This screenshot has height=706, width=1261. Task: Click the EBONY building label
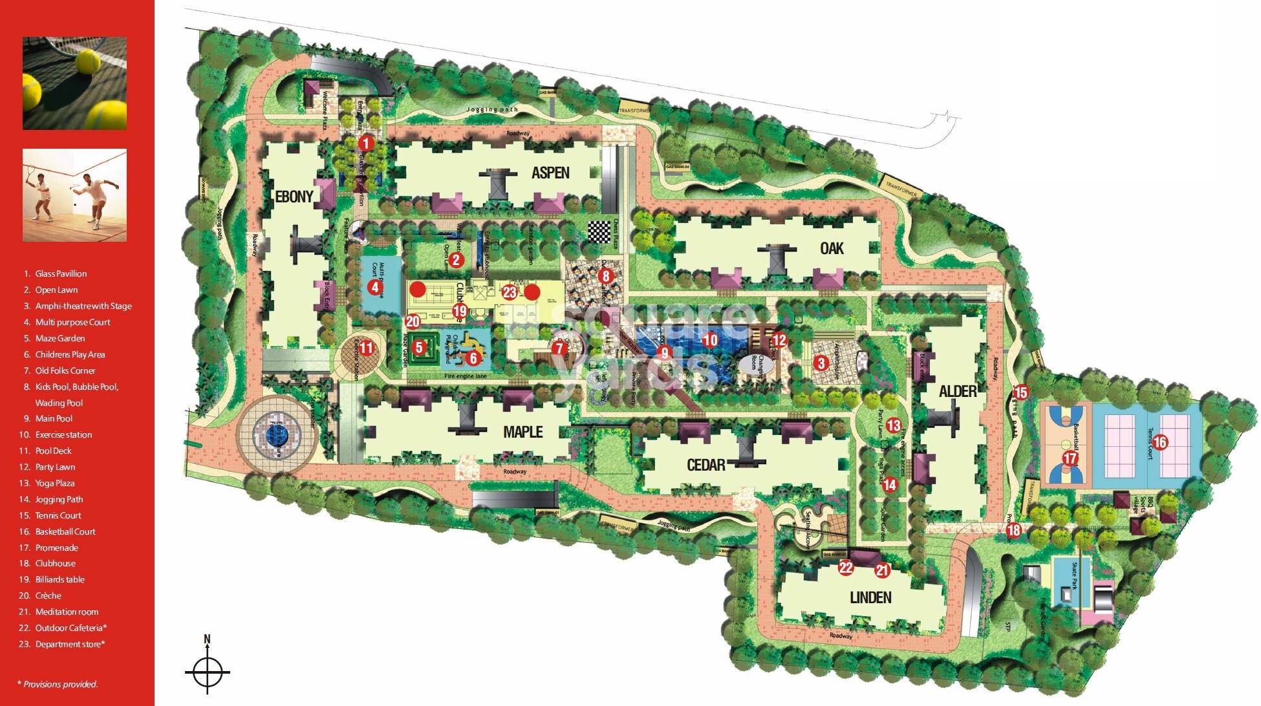click(x=294, y=197)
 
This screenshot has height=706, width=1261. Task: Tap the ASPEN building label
click(x=550, y=173)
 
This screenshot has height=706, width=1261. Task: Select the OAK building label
click(x=832, y=248)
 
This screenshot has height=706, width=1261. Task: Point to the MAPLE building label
click(x=523, y=432)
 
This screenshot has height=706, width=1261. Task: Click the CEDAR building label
click(x=706, y=465)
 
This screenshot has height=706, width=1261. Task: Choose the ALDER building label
click(x=958, y=391)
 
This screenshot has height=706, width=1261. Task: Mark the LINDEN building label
click(x=870, y=597)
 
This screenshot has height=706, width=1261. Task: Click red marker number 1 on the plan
click(x=366, y=143)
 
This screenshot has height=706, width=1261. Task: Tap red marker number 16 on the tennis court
click(x=1160, y=442)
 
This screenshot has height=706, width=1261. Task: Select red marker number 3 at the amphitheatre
click(x=821, y=363)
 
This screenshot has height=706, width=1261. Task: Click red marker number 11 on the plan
click(x=367, y=348)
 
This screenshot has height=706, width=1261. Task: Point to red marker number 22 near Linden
click(x=846, y=568)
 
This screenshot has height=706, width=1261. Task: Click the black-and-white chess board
click(x=599, y=231)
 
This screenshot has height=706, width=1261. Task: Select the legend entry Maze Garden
click(x=59, y=338)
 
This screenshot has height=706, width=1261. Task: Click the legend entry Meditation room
click(x=67, y=612)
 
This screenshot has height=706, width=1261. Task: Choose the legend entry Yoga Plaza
click(x=55, y=483)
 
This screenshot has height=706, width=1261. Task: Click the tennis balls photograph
click(x=74, y=83)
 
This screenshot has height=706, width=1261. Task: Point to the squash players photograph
click(x=74, y=195)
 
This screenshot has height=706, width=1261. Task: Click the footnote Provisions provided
click(x=58, y=684)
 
